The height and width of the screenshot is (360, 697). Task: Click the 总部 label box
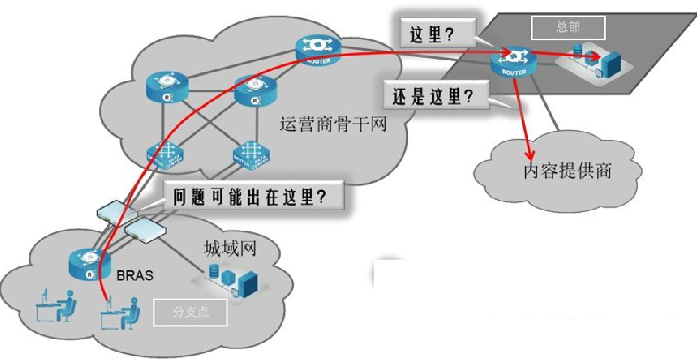[568, 28]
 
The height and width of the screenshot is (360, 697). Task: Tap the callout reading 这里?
[438, 34]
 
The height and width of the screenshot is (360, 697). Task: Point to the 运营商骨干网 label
[333, 124]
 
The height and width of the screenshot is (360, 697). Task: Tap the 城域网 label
[230, 248]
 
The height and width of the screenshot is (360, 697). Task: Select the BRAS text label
[135, 275]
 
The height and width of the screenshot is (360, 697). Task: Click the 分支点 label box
[191, 312]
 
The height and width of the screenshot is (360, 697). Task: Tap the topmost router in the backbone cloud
[318, 50]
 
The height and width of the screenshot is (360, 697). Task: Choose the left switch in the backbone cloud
[165, 155]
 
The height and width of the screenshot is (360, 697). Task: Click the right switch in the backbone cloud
[251, 155]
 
